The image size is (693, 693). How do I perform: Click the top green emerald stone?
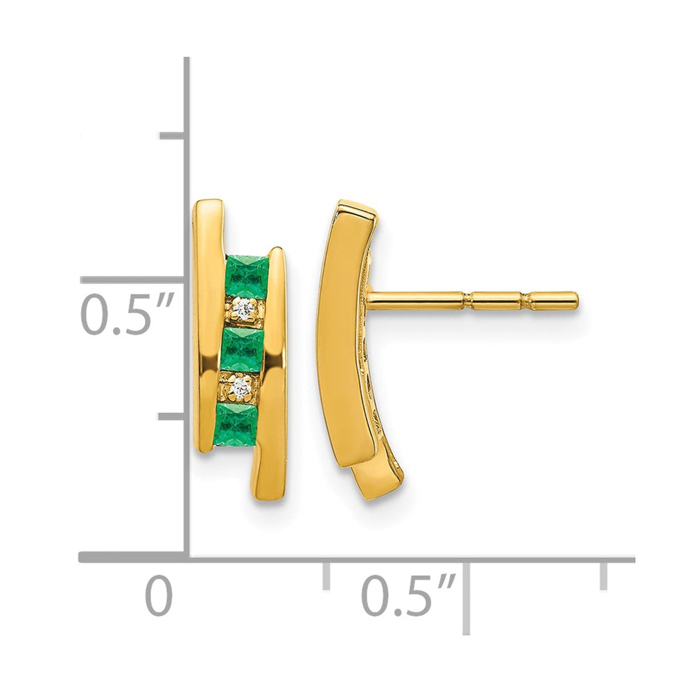(x=247, y=275)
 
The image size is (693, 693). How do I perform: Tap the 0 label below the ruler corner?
(x=159, y=595)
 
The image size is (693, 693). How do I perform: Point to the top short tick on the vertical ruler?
(x=171, y=137)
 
